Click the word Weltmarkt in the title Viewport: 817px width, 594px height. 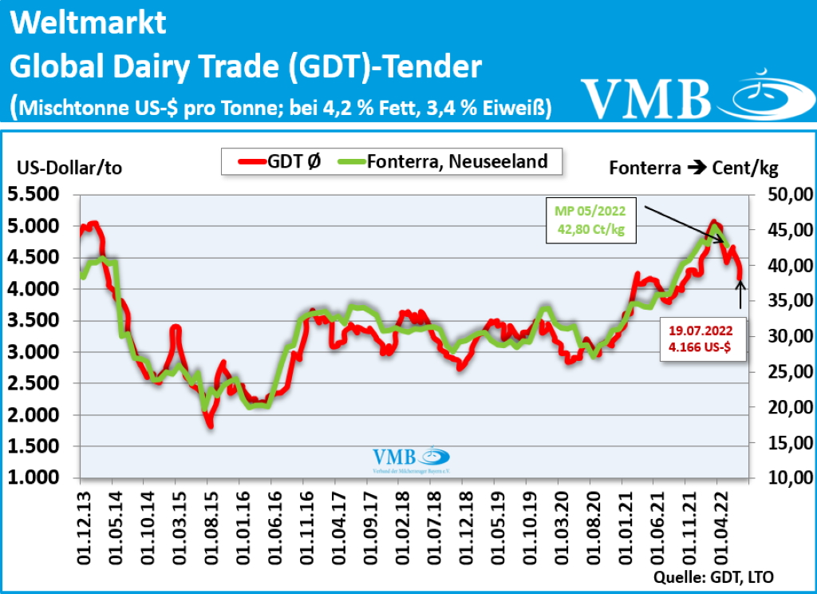89,23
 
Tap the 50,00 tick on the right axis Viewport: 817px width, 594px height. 786,194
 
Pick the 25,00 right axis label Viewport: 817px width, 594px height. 786,372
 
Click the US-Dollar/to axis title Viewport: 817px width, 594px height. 69,168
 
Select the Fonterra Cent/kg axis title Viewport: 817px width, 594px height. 693,168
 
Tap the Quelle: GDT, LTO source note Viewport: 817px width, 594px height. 713,576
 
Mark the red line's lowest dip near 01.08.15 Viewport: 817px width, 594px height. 210,425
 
